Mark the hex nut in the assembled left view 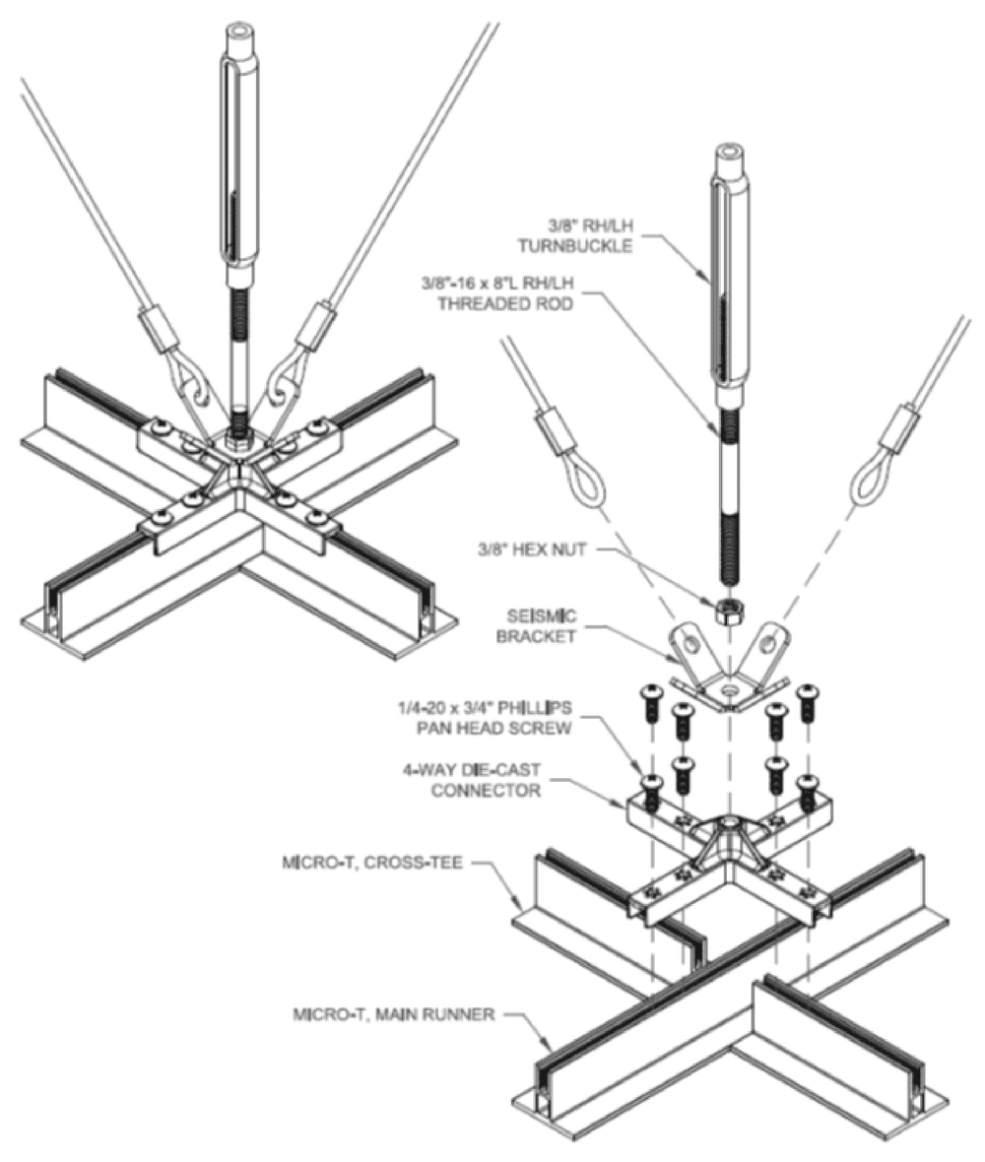tap(236, 433)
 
